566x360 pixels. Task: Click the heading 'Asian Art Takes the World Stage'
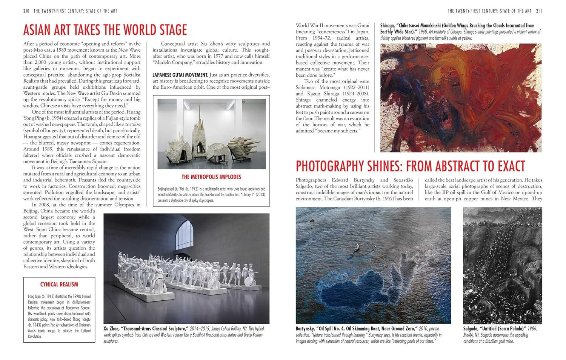105,30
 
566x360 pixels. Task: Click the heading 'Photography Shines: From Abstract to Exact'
410,166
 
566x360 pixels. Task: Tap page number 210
26,11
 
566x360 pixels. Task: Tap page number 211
539,11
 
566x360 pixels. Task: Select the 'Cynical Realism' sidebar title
59,285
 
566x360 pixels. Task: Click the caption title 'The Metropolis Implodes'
211,177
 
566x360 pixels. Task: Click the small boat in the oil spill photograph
357,247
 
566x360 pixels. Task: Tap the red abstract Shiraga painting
460,97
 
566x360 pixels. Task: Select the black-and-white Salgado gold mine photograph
502,265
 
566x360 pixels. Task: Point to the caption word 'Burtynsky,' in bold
308,329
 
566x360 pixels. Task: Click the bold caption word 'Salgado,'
473,329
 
